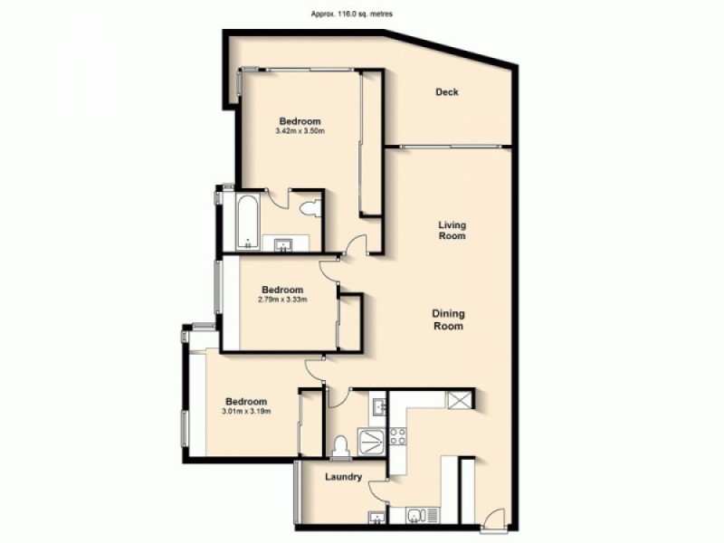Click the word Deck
point(447,92)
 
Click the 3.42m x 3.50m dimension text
point(299,132)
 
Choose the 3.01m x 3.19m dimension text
point(246,412)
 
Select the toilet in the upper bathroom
point(310,209)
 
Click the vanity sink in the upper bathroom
point(281,243)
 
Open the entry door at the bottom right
point(494,520)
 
